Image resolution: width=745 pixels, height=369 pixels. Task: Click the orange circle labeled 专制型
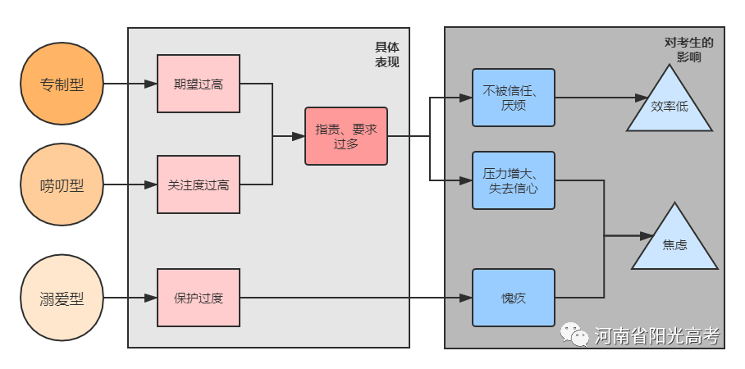tap(62, 84)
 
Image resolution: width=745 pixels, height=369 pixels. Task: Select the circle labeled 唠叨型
tap(62, 184)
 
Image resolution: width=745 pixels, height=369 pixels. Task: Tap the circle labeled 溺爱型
tap(62, 298)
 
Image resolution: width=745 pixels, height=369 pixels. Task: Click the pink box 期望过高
tap(199, 84)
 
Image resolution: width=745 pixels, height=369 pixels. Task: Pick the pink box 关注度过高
tap(199, 184)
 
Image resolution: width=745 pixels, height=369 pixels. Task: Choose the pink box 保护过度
tap(199, 298)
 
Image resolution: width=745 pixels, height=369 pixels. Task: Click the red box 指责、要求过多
tap(346, 136)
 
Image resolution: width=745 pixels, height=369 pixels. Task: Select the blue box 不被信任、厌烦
tap(514, 98)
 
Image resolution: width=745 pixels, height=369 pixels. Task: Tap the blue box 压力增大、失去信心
tap(514, 180)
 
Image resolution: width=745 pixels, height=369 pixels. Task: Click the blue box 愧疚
tap(514, 298)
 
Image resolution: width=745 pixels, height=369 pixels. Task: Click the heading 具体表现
tap(387, 55)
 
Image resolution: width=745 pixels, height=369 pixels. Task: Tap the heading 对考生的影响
tap(689, 50)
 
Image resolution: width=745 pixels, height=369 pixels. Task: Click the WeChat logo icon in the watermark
tap(574, 334)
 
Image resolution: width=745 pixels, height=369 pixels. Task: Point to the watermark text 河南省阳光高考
tap(657, 335)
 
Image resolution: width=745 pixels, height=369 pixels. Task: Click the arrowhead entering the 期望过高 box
tap(151, 84)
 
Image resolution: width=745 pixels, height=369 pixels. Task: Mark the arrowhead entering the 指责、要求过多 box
tap(299, 136)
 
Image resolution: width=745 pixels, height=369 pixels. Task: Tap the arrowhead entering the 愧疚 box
tap(466, 298)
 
